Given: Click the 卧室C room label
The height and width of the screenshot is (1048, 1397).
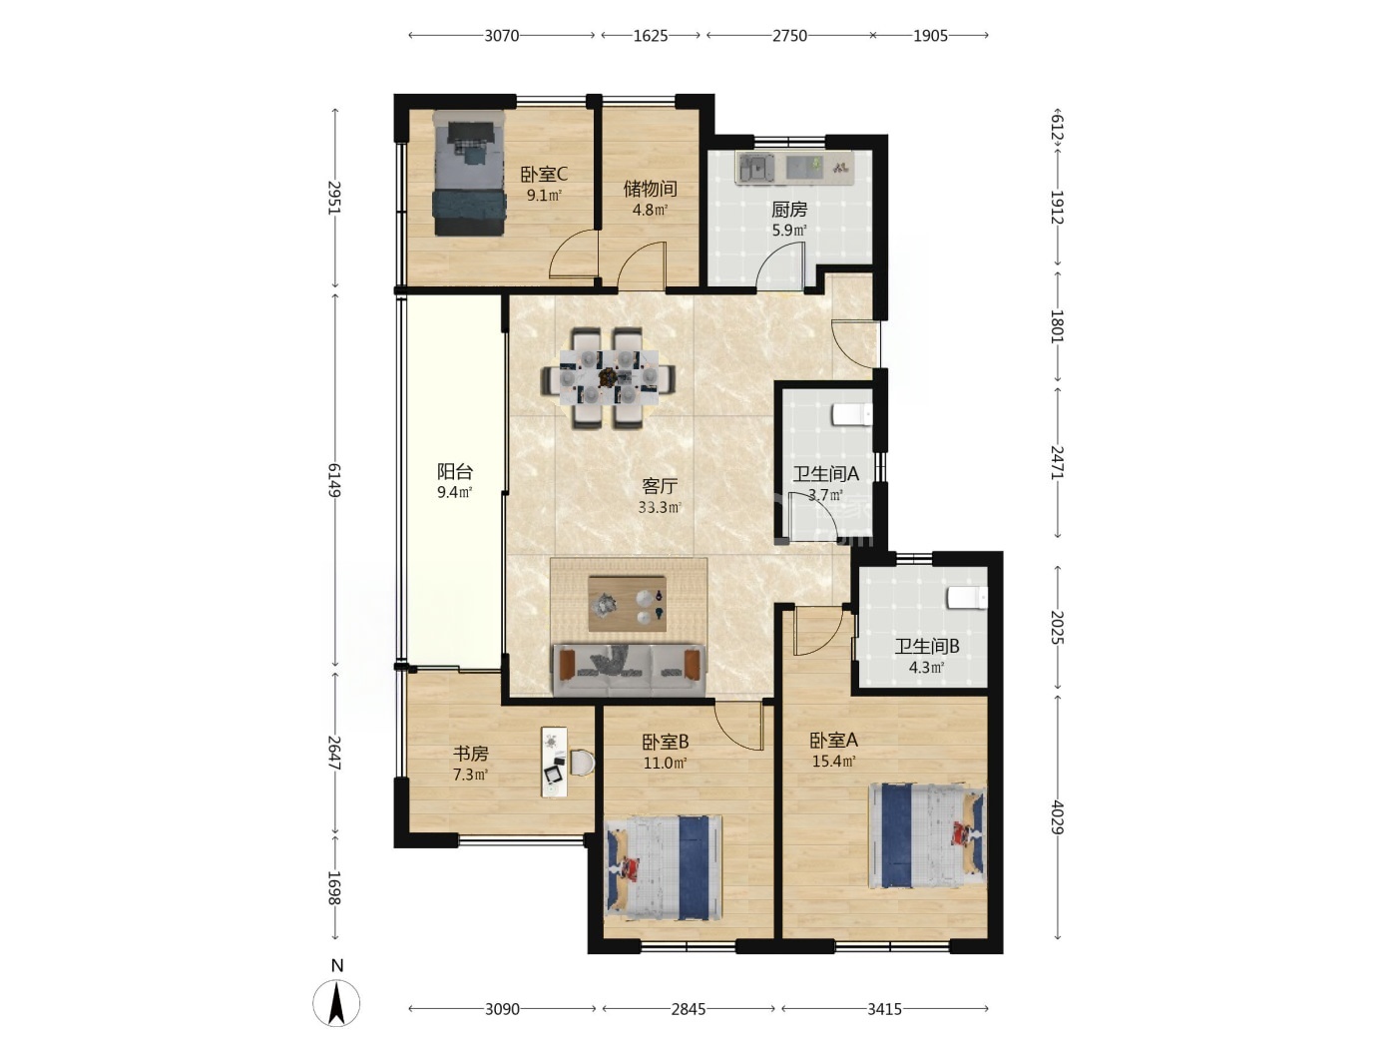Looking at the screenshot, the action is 544,174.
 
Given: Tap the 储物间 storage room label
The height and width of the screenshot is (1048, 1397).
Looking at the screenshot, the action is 650,189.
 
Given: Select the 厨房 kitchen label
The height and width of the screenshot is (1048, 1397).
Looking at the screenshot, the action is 789,209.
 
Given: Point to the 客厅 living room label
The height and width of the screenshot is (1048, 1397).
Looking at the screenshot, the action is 660,486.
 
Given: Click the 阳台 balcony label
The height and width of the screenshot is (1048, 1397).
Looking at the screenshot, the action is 454,471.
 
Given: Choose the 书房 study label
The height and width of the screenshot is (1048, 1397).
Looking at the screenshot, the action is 470,754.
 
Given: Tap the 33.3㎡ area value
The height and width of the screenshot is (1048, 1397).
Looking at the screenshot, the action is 660,507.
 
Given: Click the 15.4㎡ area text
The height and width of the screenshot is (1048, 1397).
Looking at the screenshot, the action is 834,761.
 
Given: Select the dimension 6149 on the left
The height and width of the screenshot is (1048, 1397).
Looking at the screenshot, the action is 334,480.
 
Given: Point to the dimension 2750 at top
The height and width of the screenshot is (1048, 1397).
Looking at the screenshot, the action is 790,36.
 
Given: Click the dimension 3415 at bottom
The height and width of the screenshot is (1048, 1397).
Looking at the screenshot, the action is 885,1008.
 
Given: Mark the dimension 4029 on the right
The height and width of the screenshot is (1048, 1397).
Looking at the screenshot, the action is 1057,817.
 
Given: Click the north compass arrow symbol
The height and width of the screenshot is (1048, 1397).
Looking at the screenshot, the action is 336,1003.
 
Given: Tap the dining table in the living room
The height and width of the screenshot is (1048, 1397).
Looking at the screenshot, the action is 609,377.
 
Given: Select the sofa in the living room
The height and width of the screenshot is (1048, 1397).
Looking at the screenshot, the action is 630,670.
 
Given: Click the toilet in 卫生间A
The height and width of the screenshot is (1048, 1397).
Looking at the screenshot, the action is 852,415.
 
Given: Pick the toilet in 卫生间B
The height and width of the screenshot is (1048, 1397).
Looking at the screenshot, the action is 967,598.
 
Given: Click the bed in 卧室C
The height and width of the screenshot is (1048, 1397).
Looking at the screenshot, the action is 469,173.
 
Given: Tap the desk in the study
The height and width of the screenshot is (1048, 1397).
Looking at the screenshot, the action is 555,762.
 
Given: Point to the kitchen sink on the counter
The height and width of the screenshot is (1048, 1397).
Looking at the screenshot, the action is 756,168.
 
